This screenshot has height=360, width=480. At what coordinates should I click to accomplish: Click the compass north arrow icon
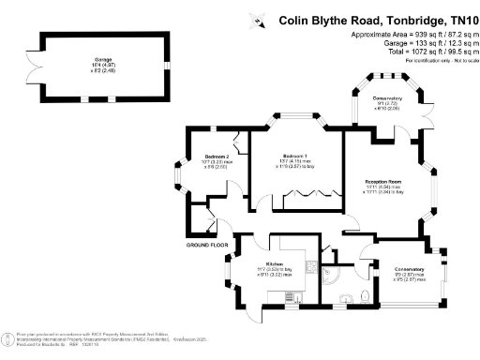click(260, 19)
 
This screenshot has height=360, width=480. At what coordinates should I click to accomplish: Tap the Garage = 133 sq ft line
click(427, 43)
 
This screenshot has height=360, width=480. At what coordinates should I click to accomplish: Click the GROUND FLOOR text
click(207, 245)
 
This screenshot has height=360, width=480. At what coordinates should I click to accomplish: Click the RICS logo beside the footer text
click(7, 340)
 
